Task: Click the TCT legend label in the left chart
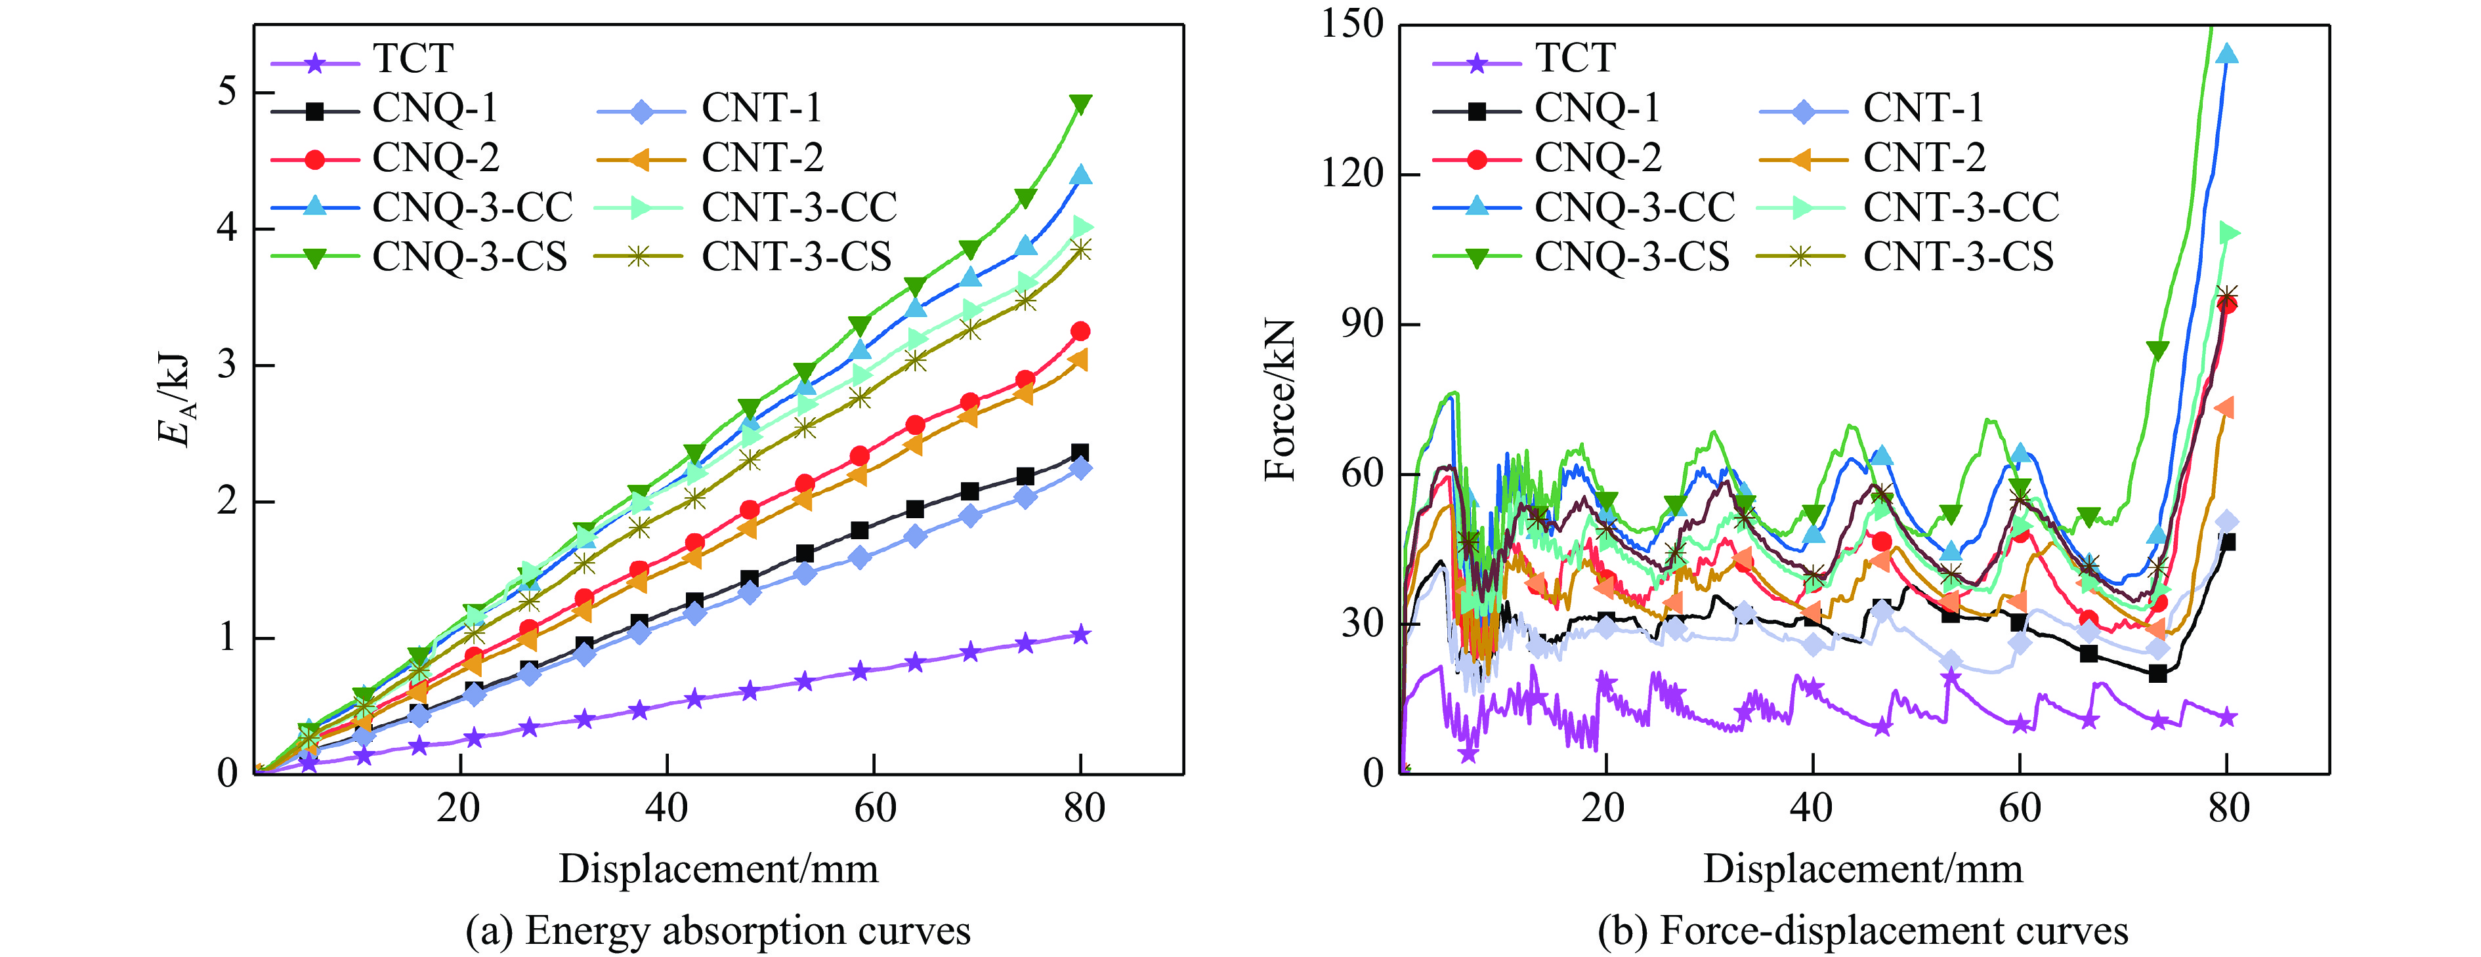tap(413, 59)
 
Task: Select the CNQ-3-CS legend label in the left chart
tap(470, 257)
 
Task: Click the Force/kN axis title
tap(1281, 399)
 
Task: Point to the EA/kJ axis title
tap(177, 399)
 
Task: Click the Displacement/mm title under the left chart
tap(719, 869)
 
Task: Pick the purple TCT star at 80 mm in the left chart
tap(1080, 634)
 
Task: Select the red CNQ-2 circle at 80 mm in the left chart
tap(1080, 331)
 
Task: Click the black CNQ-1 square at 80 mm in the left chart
tap(1080, 453)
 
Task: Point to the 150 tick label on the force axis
tap(1352, 24)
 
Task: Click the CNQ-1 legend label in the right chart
tap(1598, 108)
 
